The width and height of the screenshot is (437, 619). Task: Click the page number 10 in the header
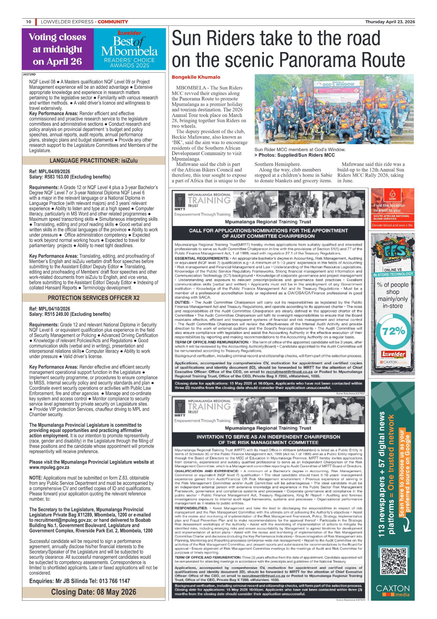(x=29, y=22)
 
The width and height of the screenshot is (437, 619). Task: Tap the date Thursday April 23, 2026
(x=390, y=22)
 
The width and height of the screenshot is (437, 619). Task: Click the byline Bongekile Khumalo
(x=196, y=77)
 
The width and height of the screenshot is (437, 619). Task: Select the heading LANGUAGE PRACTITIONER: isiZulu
(x=93, y=161)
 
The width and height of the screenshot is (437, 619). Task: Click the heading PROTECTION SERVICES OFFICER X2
(x=93, y=298)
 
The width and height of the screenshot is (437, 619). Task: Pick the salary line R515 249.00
(x=69, y=314)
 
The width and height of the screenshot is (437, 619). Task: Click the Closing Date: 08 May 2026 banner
(x=93, y=592)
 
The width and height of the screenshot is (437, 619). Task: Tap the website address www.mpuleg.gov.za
(x=49, y=467)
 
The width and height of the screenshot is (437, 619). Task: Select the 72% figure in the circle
(x=393, y=331)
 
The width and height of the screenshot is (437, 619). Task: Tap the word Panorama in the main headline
(x=314, y=60)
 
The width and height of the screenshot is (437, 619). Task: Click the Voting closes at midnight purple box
(x=58, y=49)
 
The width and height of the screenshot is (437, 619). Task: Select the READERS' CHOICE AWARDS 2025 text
(x=130, y=63)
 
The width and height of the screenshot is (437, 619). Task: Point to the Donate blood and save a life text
(x=392, y=225)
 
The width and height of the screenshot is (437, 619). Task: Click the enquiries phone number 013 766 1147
(x=115, y=581)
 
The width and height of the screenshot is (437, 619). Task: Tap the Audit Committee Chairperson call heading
(x=268, y=233)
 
